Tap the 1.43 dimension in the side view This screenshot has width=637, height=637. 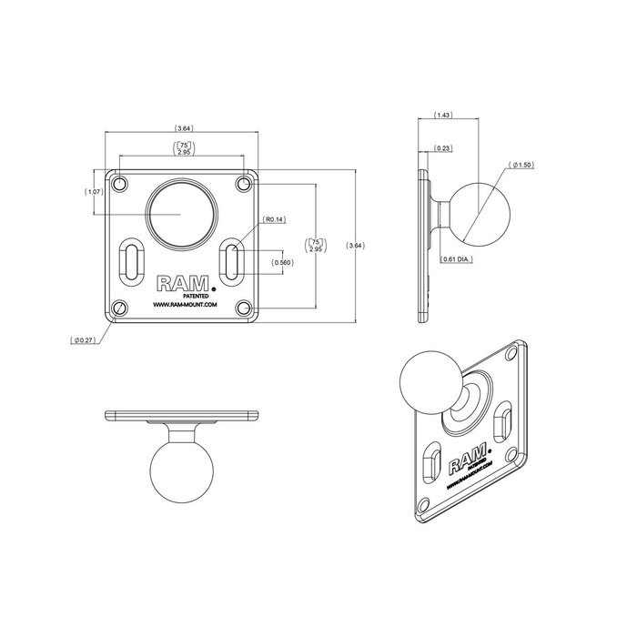tap(444, 116)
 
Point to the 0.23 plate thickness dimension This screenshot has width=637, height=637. tap(445, 147)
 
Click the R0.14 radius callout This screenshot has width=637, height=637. tap(274, 220)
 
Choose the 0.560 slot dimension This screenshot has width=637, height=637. tap(283, 262)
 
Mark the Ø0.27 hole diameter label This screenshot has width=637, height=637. tap(84, 340)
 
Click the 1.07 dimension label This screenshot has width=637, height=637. tap(94, 192)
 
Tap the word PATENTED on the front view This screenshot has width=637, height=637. tap(197, 295)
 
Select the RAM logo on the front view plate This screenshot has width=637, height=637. tap(180, 283)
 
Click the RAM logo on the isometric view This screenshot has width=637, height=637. tap(460, 466)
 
